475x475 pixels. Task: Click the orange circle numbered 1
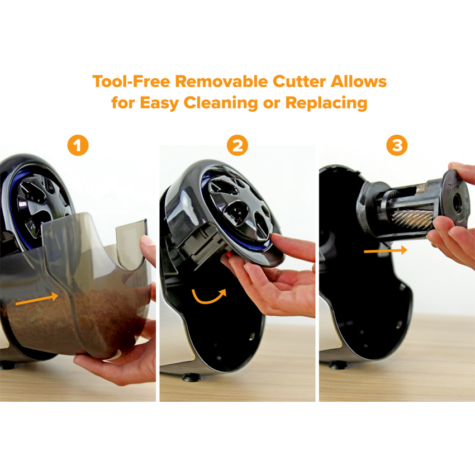coord(78,145)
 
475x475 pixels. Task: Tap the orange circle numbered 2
coord(237,145)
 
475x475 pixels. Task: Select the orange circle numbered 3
coord(397,145)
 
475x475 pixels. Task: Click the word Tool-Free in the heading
coord(131,82)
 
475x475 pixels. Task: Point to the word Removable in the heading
coord(221,82)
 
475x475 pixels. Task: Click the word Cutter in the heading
coord(299,82)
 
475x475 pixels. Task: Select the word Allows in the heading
coord(359,82)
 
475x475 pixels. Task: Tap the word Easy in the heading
coord(159,103)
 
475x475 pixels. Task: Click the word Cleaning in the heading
coord(221,103)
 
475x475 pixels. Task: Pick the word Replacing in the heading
coord(326,103)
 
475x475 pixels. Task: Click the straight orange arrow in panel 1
coord(37,299)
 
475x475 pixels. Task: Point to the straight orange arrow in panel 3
coord(386,250)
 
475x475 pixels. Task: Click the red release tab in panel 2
coord(229,255)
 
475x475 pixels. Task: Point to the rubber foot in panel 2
coord(192,377)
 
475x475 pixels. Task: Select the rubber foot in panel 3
coord(339,365)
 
